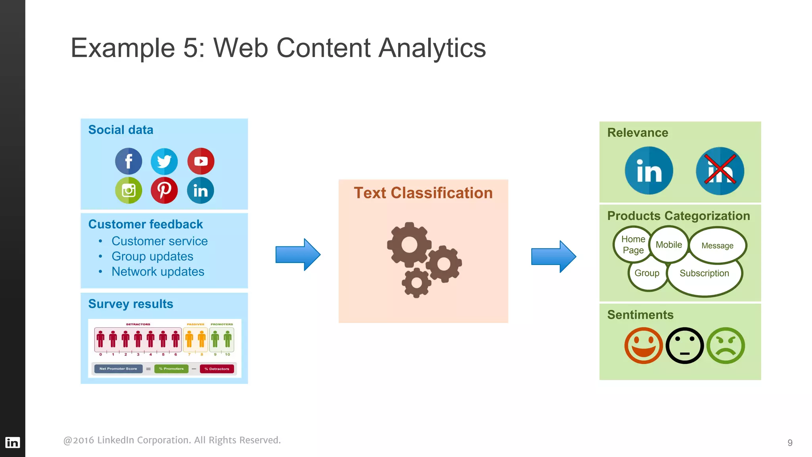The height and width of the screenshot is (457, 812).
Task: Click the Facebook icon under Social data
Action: pos(128,161)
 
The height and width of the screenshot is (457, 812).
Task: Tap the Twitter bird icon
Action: pos(164,161)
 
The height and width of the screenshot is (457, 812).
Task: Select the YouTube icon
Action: pos(201,161)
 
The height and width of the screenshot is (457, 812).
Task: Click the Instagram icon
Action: pos(128,190)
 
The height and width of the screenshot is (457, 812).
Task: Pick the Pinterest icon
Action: pos(164,190)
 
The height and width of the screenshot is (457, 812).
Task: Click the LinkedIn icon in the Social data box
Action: pos(201,190)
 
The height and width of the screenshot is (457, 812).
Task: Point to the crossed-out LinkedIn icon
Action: pos(720,171)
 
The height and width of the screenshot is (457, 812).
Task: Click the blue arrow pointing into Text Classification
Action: pos(298,255)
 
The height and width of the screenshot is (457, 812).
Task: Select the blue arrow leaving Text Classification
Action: pos(553,256)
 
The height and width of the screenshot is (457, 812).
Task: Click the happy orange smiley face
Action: pos(643,346)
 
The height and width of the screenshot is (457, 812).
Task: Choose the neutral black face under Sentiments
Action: pos(685,346)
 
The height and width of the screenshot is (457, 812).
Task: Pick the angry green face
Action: pos(726,346)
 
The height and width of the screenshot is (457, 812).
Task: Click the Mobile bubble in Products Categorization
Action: pos(669,245)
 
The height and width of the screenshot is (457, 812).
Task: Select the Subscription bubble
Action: pos(704,273)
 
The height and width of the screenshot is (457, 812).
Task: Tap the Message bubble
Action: pos(717,246)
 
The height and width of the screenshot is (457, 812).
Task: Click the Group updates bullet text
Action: pos(152,257)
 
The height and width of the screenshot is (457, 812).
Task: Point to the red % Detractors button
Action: pos(217,369)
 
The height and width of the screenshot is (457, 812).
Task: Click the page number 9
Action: pos(790,443)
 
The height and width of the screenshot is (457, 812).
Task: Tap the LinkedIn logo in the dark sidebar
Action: pos(12,442)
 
